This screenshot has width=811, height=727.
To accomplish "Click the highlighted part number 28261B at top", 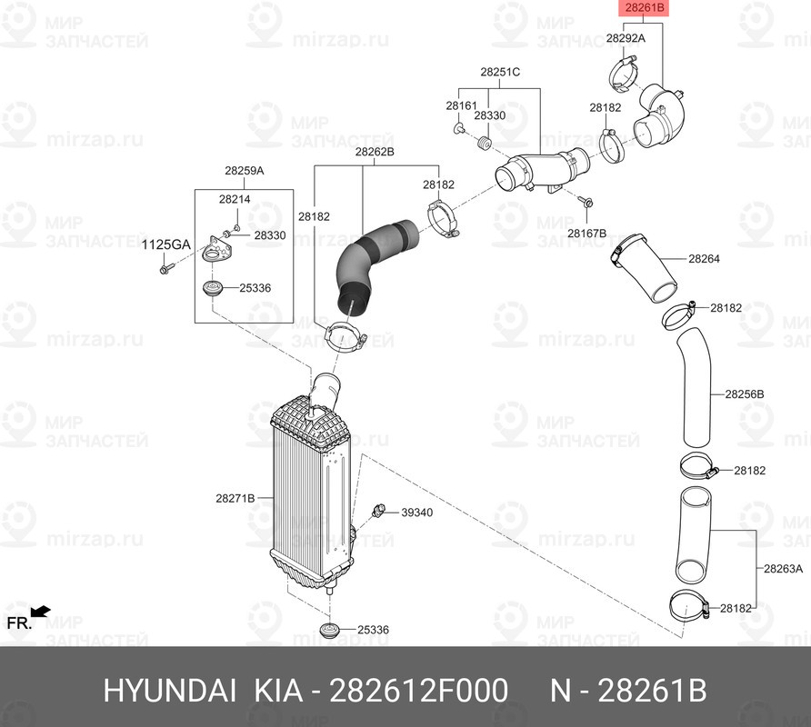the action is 644,8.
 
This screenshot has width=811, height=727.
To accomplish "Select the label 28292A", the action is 626,38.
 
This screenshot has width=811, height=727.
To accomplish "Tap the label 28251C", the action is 500,72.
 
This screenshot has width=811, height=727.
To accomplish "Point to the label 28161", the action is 461,105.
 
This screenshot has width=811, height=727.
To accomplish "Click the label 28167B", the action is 586,234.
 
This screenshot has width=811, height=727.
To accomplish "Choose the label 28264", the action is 704,258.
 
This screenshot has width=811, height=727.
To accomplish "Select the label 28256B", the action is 745,394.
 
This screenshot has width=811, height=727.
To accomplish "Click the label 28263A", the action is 783,569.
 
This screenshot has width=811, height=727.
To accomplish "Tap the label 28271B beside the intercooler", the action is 235,499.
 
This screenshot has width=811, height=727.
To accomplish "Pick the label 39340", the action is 417,513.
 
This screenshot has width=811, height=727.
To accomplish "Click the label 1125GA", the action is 166,245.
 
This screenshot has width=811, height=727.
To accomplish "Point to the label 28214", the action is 235,199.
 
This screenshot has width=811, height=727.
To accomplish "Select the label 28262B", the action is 375,152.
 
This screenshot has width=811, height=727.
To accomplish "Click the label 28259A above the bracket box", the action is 245,171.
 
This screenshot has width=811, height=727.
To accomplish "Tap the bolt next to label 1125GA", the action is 165,269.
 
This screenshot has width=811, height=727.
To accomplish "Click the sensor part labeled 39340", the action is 379,510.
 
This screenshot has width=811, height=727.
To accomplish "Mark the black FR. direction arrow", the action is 40,612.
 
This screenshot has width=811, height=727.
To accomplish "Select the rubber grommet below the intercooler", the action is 329,631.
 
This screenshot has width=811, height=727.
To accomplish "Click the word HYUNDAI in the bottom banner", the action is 170,691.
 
